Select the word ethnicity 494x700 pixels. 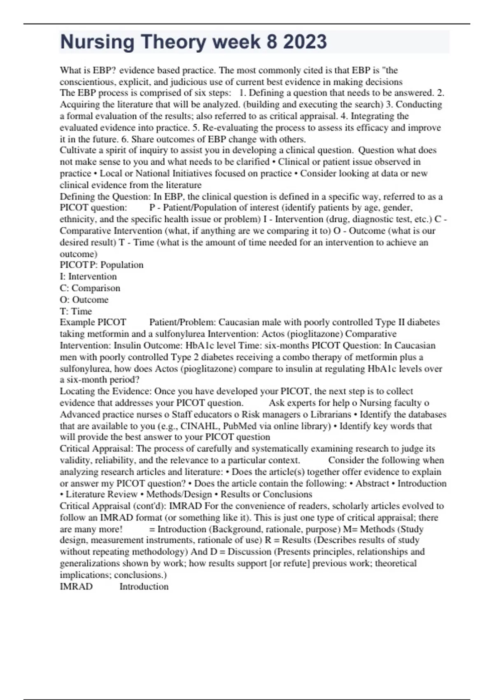point(77,219)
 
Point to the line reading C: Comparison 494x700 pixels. point(90,288)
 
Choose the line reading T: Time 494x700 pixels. point(76,311)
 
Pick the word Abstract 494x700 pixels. point(372,483)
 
